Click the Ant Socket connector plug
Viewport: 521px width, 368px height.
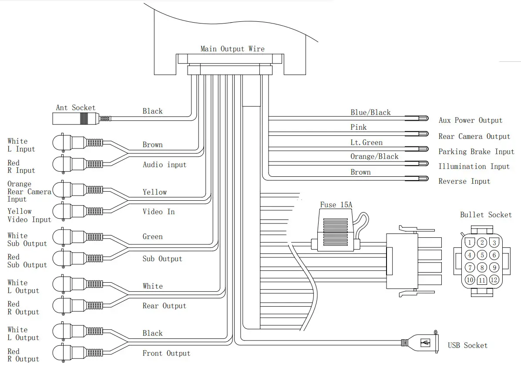coord(82,119)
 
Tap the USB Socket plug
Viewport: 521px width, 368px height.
coord(420,342)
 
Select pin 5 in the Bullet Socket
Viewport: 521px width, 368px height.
coord(482,255)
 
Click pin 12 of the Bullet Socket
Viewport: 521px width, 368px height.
coord(494,280)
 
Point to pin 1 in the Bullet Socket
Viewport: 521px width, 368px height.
coord(470,243)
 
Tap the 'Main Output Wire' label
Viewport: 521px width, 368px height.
coord(232,49)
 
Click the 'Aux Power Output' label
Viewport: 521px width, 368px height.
coord(470,120)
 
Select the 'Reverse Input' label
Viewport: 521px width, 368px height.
coord(464,181)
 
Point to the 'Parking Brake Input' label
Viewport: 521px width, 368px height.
coord(476,152)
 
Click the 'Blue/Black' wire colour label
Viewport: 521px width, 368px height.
coord(370,112)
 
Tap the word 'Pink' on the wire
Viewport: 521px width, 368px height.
coord(359,127)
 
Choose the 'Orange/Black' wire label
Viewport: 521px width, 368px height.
coord(374,157)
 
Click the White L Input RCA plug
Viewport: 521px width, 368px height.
coord(78,143)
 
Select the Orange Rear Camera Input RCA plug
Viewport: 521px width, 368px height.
coord(78,190)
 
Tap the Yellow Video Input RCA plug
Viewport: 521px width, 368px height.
coord(78,211)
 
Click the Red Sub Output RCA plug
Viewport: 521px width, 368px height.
coord(78,258)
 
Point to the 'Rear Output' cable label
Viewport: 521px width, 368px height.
coord(164,306)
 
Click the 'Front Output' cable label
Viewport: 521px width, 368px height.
coord(166,353)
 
